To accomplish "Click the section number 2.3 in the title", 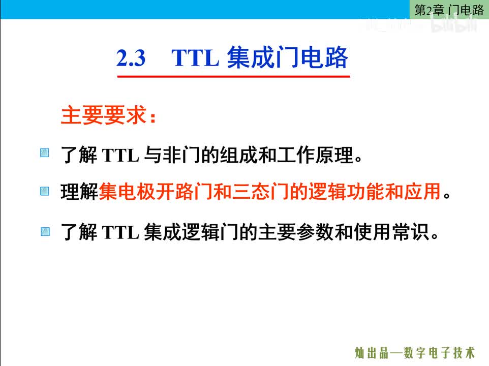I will click(131, 59).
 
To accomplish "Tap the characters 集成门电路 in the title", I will click(287, 58).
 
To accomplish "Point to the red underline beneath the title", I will click(234, 76).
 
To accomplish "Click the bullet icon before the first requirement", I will click(45, 153).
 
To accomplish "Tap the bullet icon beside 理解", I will click(45, 192).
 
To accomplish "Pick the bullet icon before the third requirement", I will click(45, 232).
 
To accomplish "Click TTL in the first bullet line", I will click(120, 156).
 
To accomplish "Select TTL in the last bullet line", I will click(120, 234).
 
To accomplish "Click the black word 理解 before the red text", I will click(79, 193).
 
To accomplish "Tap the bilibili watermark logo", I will click(457, 25).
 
